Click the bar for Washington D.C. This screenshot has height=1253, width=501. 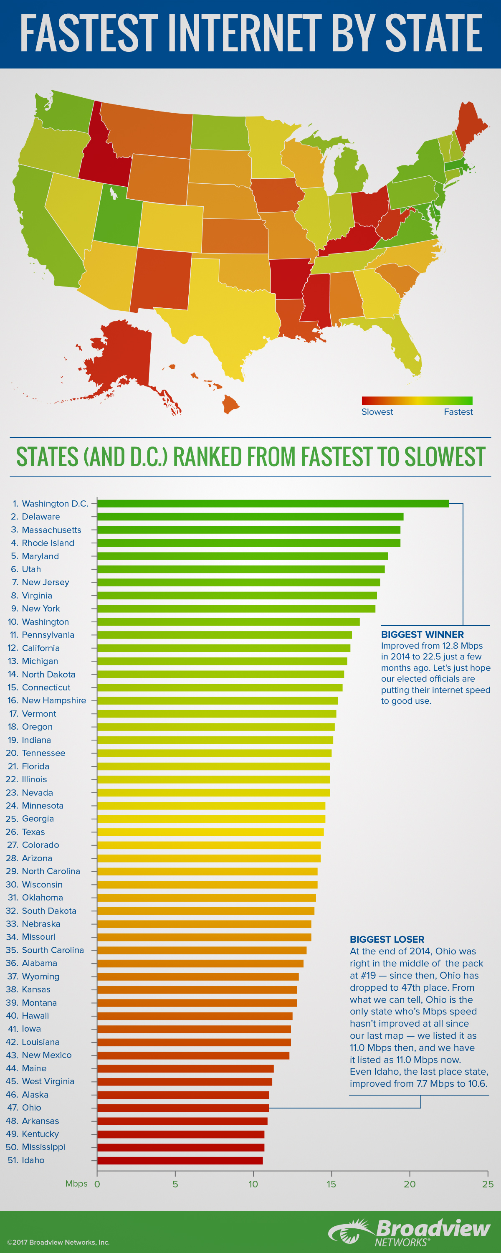point(272,503)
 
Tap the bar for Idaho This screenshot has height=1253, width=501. point(180,1160)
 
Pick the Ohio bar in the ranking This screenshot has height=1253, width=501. point(183,1108)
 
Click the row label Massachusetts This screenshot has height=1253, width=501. point(51,530)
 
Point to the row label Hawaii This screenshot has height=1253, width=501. point(35,1016)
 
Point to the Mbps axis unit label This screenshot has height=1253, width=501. point(76,1183)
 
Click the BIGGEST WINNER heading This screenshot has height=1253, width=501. point(422,634)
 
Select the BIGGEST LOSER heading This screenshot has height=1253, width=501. point(387,939)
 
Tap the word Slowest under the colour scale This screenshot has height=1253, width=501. point(377,411)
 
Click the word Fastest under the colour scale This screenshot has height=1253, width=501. point(458,411)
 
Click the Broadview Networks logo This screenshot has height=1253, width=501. point(409,1232)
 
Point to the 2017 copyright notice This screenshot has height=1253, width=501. point(58,1242)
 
